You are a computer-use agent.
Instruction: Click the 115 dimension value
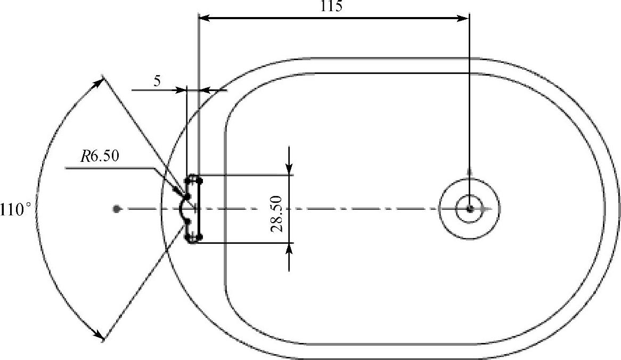tap(331, 6)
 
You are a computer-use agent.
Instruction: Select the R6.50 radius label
tap(100, 157)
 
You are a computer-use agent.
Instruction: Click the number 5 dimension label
tap(157, 81)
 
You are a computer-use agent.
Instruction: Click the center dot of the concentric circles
tap(470, 209)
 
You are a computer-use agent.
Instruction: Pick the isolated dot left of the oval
tap(117, 209)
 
